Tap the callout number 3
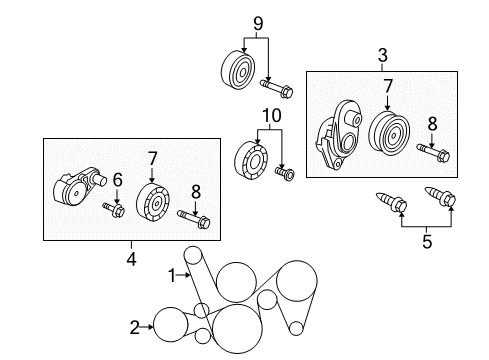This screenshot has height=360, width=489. click(x=381, y=56)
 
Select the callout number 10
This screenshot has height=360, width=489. click(x=267, y=116)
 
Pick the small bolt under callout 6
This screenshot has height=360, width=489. click(x=112, y=209)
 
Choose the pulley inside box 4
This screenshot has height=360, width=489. click(x=154, y=203)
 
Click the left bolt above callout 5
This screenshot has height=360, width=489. click(x=389, y=204)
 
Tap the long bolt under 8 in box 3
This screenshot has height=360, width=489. click(x=433, y=154)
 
